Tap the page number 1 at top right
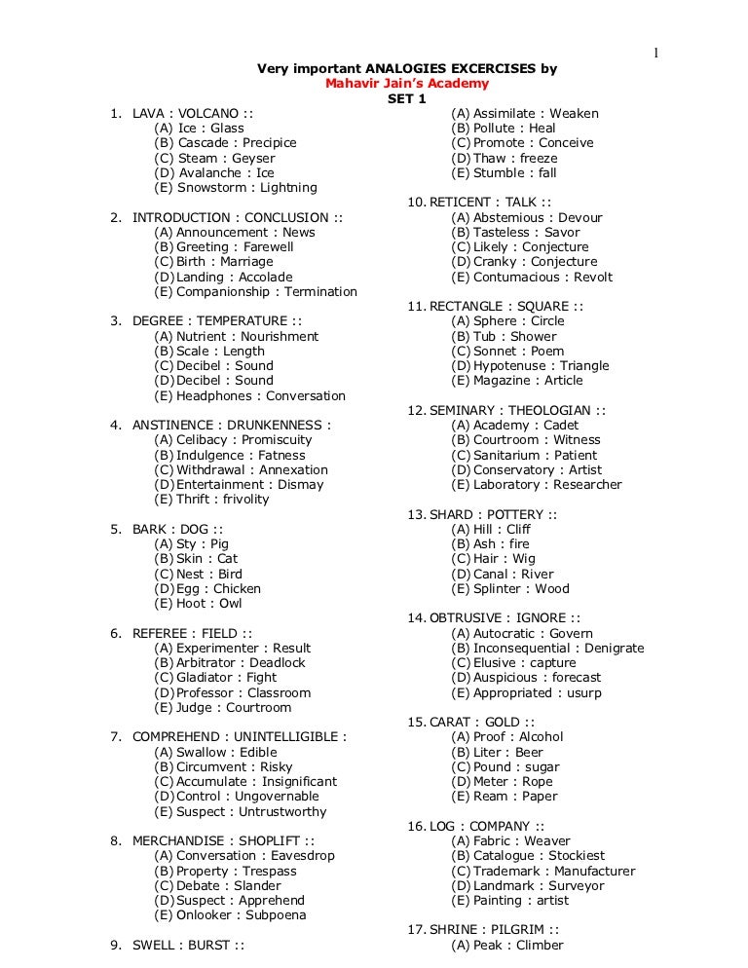(655, 53)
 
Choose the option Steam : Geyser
(214, 158)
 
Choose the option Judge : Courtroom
(222, 707)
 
